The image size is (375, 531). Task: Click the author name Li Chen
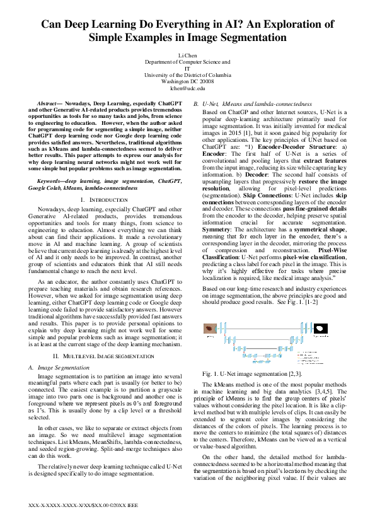(187, 56)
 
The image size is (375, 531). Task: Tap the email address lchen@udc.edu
(187, 88)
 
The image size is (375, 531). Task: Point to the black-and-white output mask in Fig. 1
(321, 329)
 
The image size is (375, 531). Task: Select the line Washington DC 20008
(187, 81)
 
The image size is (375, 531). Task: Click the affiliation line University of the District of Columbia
(187, 75)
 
